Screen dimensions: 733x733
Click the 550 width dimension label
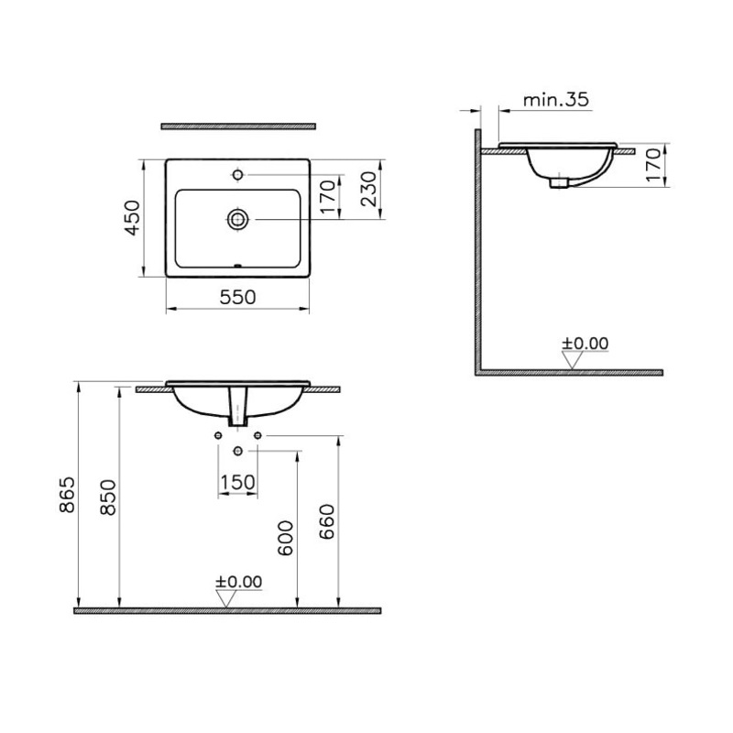coord(237,297)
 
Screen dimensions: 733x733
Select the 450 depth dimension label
coord(133,218)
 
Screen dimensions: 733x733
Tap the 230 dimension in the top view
coord(369,189)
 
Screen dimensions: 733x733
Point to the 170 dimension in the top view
coord(329,196)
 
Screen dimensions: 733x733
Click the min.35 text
coord(555,100)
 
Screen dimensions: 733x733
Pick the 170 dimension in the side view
coord(654,165)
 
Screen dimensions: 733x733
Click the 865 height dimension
coord(67,495)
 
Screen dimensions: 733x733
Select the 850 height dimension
coord(108,498)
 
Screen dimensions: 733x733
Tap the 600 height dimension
coord(285,538)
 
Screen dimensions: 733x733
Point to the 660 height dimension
coord(327,521)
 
